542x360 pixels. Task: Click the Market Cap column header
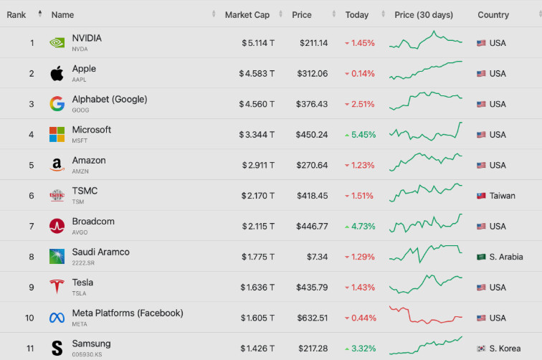point(247,15)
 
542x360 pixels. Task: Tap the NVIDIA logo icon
point(57,43)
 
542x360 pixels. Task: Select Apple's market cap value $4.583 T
point(257,74)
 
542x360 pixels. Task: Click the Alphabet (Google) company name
point(110,99)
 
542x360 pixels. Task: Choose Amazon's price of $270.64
point(312,166)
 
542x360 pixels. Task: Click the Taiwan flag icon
point(481,196)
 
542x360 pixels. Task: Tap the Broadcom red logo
point(57,226)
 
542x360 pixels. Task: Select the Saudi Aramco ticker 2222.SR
point(83,262)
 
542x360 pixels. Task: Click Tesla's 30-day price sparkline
point(426,284)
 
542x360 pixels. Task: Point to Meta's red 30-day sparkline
point(426,315)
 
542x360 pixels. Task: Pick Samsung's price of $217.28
point(313,349)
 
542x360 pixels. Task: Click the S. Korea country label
point(505,349)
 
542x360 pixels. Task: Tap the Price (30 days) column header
point(424,15)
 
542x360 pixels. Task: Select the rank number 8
point(32,257)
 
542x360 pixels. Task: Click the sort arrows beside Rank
point(40,14)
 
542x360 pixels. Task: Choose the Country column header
point(493,15)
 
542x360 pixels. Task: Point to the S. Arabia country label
point(506,257)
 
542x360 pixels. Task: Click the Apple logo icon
point(57,73)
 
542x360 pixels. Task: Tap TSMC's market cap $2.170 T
point(258,196)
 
